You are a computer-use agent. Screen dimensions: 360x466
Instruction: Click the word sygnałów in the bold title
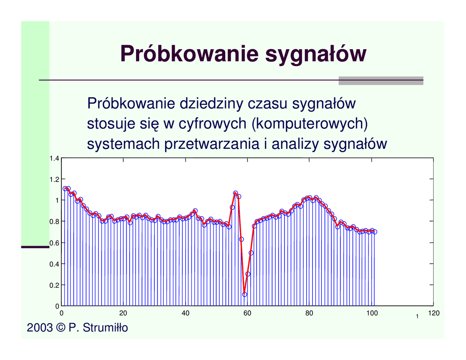315,56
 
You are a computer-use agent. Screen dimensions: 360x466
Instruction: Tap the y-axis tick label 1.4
54,159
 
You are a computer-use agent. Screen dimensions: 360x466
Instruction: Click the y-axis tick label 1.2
54,179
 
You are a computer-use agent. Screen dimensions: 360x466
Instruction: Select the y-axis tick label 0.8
54,222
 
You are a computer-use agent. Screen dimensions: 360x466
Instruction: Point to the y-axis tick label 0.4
54,264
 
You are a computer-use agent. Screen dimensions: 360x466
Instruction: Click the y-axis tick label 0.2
54,285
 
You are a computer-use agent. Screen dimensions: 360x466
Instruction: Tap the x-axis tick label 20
123,313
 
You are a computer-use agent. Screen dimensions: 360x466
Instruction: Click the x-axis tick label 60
247,313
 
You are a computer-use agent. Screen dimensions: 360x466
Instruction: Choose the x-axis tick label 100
371,313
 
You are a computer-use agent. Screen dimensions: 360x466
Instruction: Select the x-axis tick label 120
433,313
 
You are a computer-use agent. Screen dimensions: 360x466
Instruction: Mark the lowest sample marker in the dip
244,294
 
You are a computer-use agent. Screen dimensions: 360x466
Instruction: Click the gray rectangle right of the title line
381,81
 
